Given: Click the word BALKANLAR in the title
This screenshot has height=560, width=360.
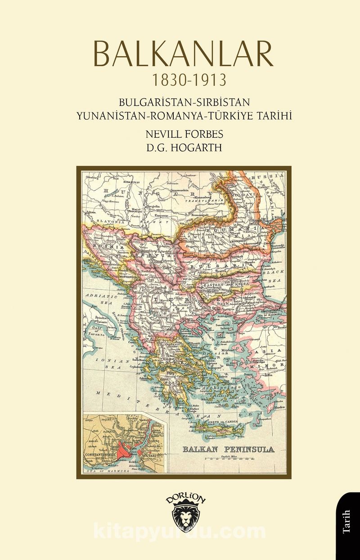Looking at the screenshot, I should [x=180, y=54].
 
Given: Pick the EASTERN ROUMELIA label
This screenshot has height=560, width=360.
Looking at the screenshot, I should [x=223, y=285].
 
